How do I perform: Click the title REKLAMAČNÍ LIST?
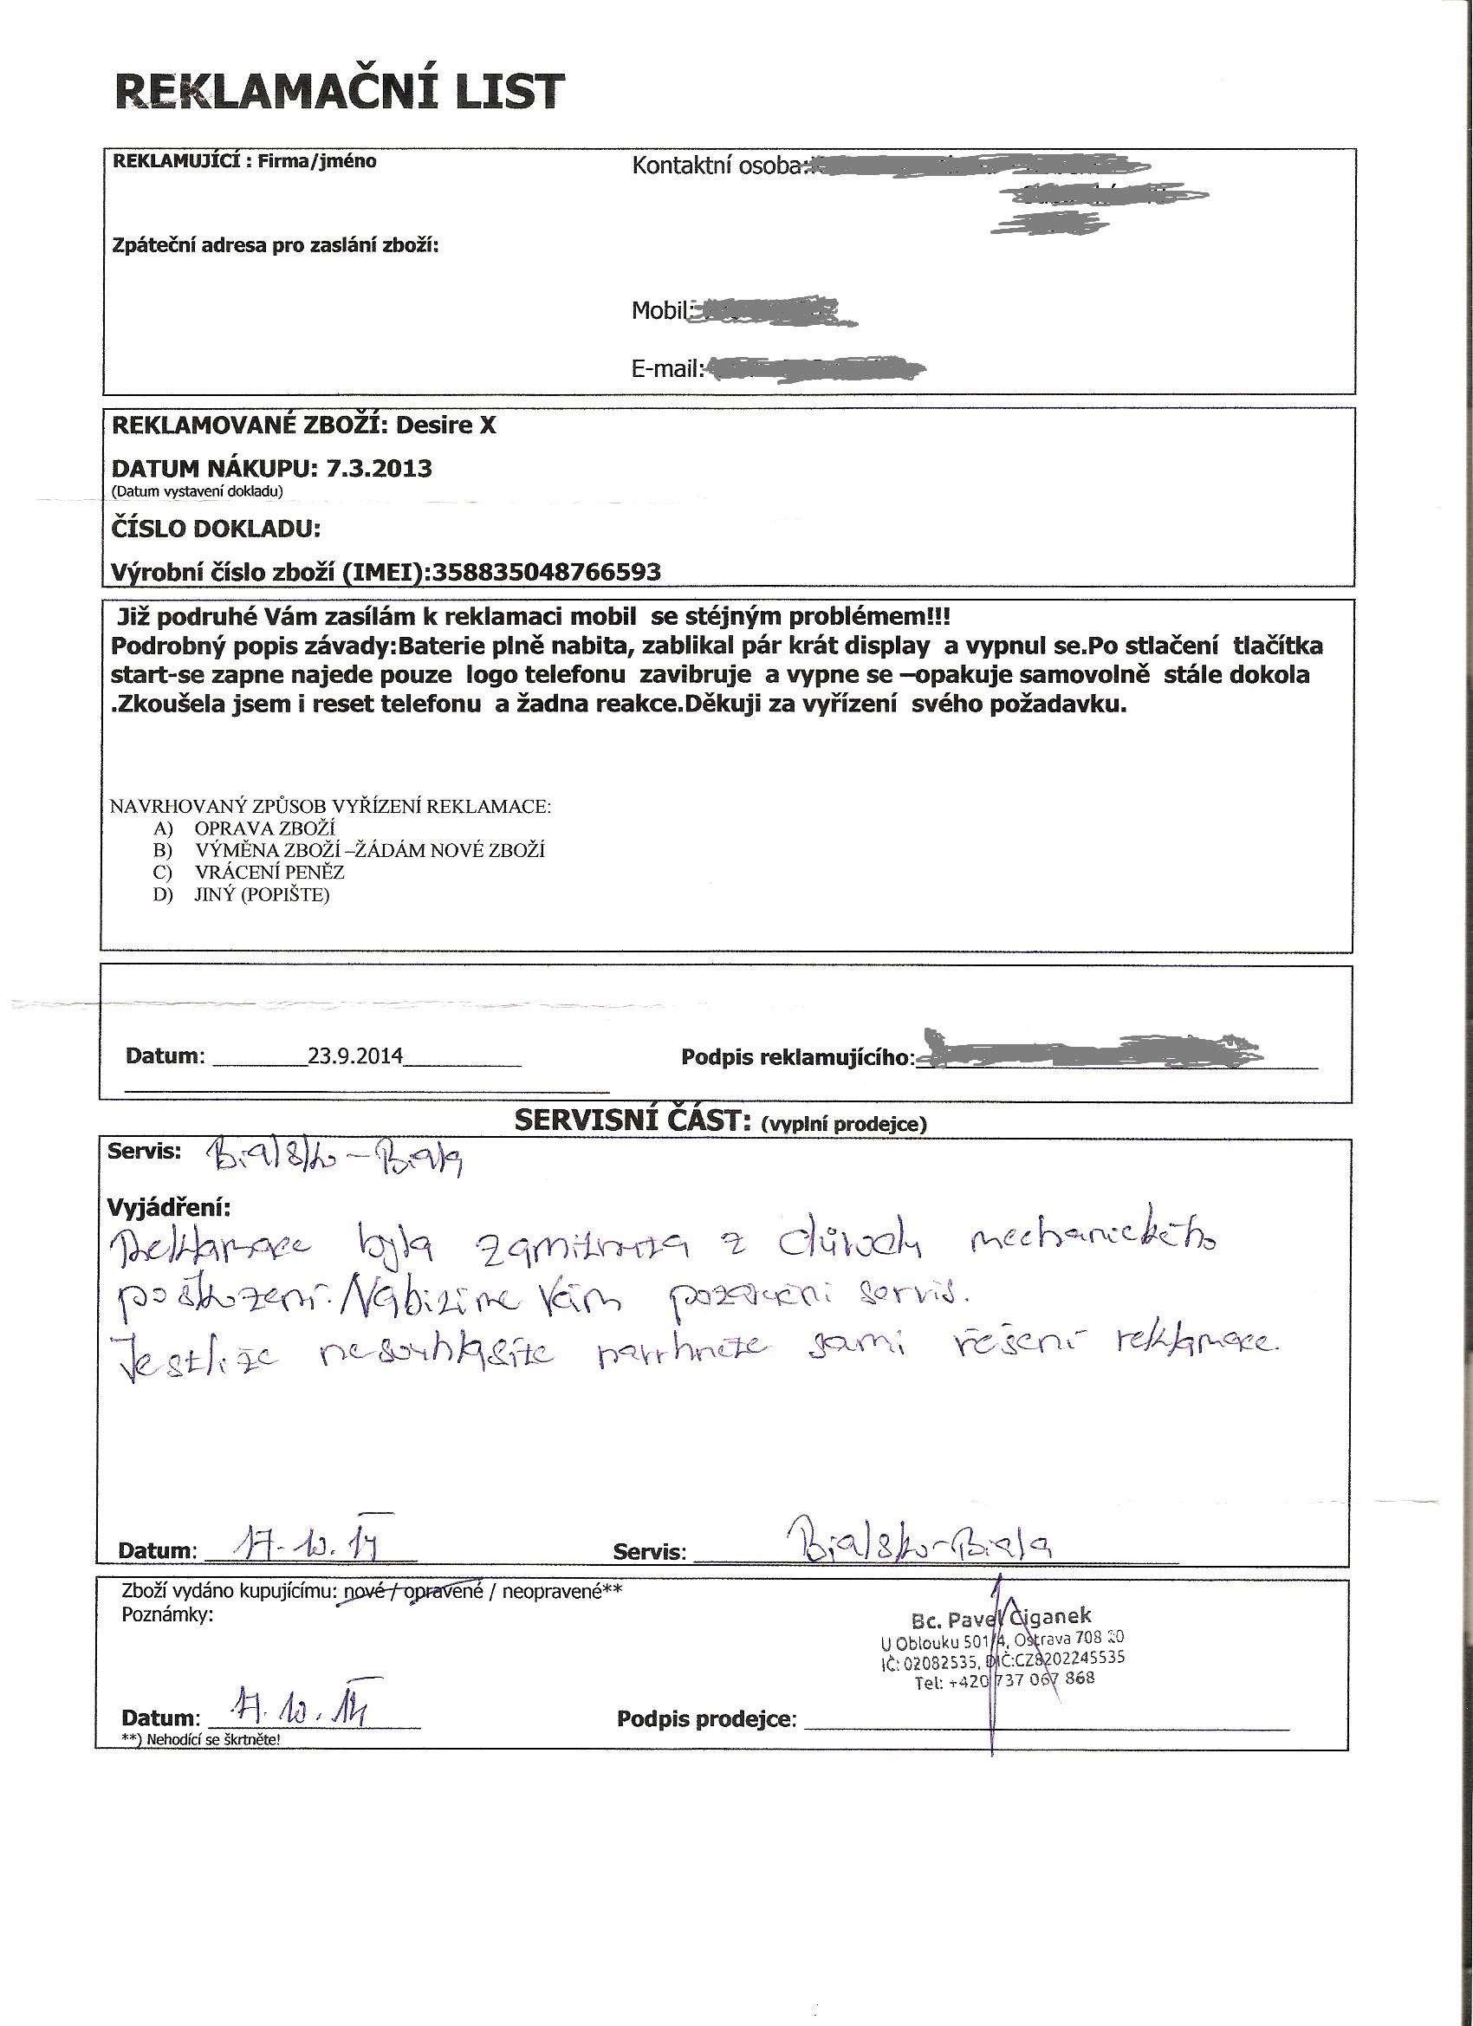point(341,92)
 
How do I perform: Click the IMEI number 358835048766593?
point(547,572)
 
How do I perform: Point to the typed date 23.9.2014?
point(355,1055)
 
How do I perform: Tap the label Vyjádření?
point(168,1208)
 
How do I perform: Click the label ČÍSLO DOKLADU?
point(215,529)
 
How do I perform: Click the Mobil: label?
point(662,311)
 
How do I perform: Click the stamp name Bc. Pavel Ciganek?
point(1002,1616)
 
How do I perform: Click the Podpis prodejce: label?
point(705,1718)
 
